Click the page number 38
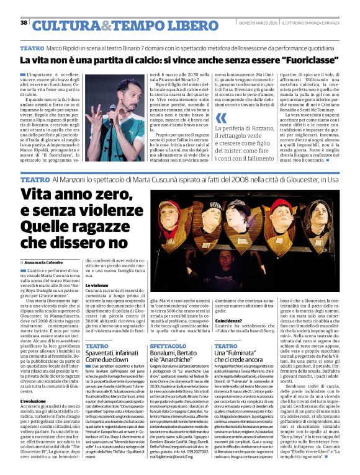pos(24,23)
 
